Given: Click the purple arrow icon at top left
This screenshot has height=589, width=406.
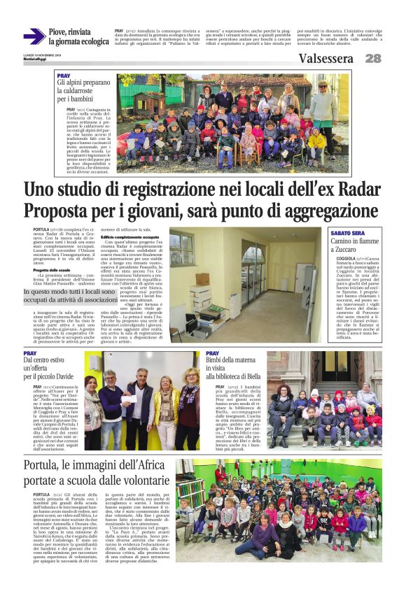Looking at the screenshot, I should [34, 36].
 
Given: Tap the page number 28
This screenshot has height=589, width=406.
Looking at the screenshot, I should [373, 59].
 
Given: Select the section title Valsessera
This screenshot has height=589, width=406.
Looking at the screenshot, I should [325, 59].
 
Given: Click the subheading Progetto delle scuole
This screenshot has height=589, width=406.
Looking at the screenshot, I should [52, 270].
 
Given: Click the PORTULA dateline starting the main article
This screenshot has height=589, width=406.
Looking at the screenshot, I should [41, 229].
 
